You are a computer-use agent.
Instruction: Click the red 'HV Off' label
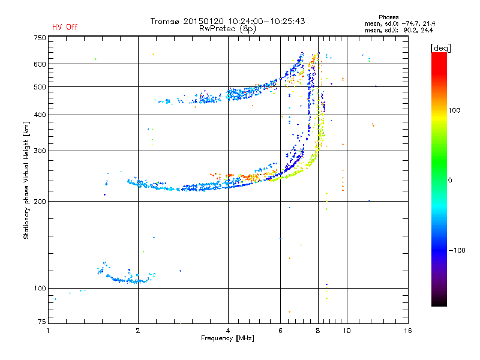point(65,27)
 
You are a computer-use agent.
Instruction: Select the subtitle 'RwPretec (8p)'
point(227,29)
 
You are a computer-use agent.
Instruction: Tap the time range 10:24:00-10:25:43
point(266,21)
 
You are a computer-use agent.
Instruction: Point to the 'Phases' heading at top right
point(388,17)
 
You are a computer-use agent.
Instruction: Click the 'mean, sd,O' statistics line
point(400,23)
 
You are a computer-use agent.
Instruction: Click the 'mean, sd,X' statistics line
point(399,30)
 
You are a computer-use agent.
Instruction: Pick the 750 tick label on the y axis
point(40,38)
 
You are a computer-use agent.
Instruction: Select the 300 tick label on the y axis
point(40,151)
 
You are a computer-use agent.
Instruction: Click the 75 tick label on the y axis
point(42,322)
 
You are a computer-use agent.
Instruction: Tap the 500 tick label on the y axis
point(40,86)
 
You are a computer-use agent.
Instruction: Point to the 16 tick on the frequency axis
point(408,331)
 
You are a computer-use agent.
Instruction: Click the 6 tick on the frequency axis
point(280,331)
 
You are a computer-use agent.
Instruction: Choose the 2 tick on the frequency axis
point(138,331)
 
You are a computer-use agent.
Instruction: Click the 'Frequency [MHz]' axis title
point(227,338)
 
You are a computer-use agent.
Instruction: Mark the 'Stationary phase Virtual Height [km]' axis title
point(26,180)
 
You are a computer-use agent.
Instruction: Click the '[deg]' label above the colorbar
point(440,48)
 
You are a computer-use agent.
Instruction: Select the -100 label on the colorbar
point(457,250)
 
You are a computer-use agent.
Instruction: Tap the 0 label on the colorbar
point(450,180)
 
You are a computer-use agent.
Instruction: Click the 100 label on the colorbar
point(454,110)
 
